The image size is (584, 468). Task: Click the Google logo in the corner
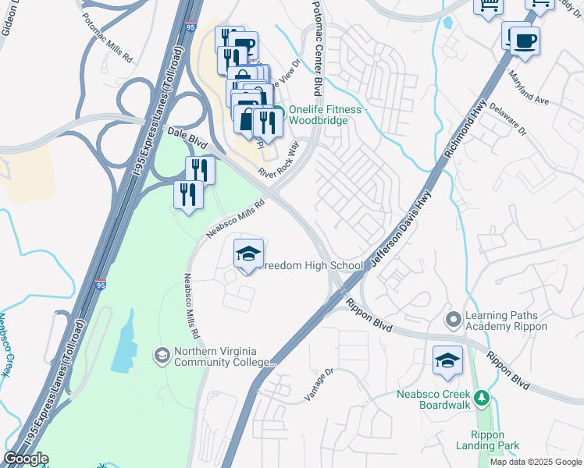pyautogui.click(x=26, y=459)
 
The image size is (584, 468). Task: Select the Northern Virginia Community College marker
pyautogui.click(x=162, y=356)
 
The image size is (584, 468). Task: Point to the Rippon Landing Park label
pyautogui.click(x=493, y=441)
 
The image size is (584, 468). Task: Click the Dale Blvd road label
pyautogui.click(x=187, y=139)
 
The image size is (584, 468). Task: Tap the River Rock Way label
pyautogui.click(x=279, y=161)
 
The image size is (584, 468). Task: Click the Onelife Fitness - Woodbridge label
pyautogui.click(x=326, y=115)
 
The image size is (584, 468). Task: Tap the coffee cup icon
pyautogui.click(x=525, y=40)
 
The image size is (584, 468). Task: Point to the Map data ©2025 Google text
pyautogui.click(x=536, y=462)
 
